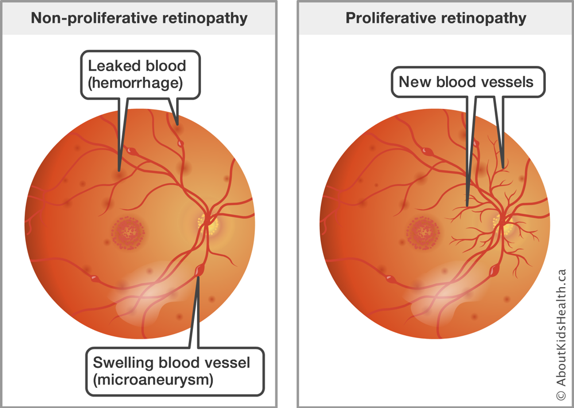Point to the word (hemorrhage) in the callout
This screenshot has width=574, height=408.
(x=134, y=84)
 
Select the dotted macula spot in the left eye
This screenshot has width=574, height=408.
(x=129, y=232)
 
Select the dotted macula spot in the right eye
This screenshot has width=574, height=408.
(x=423, y=232)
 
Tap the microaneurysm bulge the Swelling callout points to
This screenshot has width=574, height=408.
(x=199, y=269)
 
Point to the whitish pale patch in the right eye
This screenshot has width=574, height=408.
(x=442, y=292)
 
